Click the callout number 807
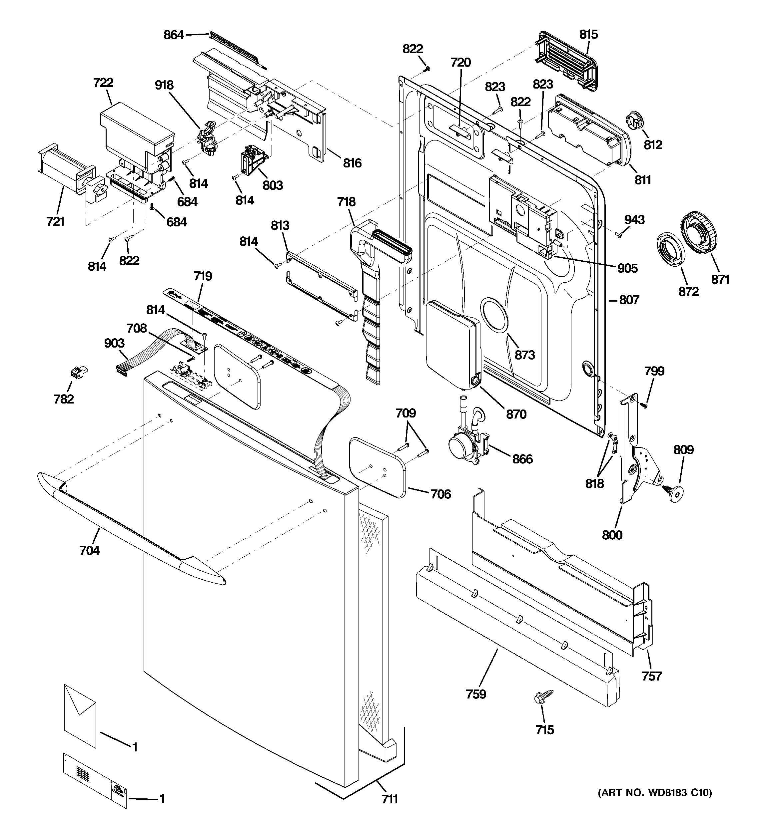click(629, 300)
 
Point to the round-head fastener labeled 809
click(675, 493)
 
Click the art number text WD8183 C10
click(655, 793)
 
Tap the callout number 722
click(103, 83)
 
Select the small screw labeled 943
click(619, 235)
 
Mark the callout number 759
click(476, 694)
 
